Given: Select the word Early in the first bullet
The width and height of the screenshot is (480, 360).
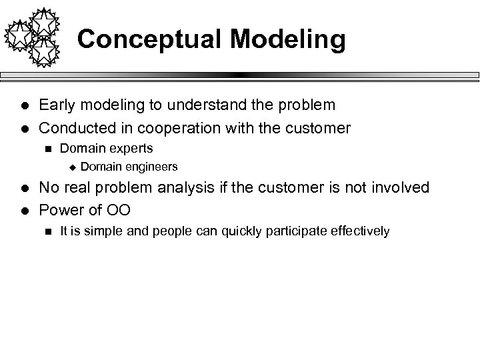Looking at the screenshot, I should [x=56, y=105].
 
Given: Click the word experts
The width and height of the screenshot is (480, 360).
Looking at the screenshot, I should [x=129, y=149].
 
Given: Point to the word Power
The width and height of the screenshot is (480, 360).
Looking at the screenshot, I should [x=60, y=209].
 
